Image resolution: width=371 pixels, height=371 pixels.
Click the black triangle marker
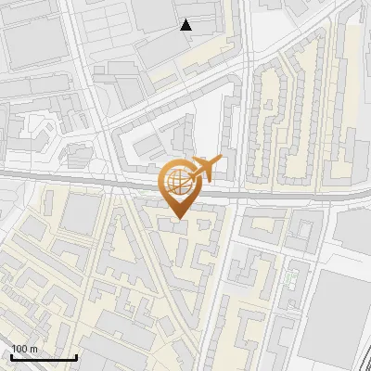click(186, 25)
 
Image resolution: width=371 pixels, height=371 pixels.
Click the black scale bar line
click(44, 357)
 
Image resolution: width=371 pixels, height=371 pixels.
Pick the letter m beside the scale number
click(32, 349)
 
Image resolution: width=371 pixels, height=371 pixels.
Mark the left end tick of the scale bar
click(11, 355)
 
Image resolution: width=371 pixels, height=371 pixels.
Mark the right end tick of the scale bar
click(76, 355)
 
